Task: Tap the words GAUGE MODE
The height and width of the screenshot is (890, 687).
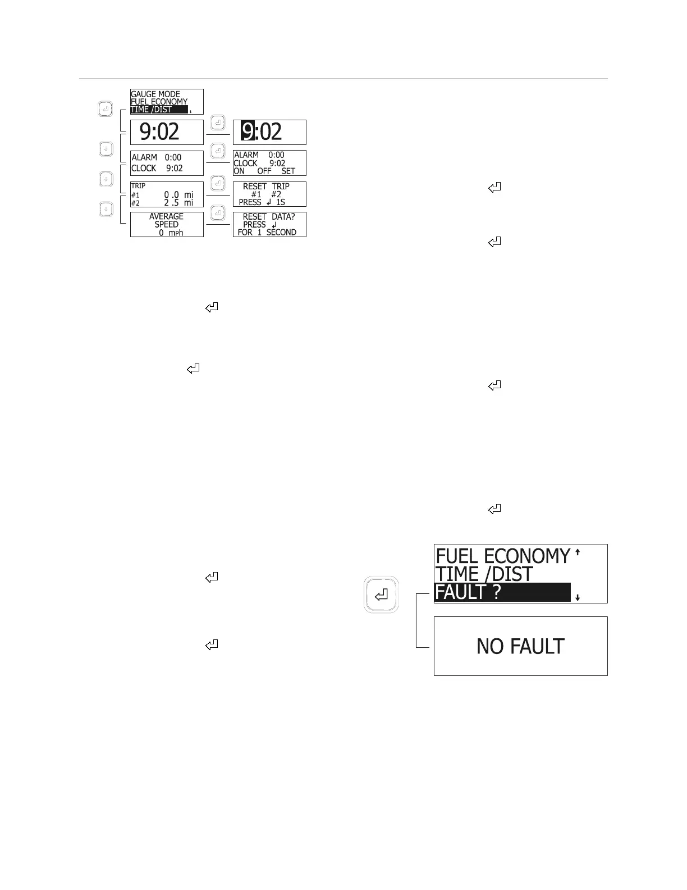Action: (x=155, y=94)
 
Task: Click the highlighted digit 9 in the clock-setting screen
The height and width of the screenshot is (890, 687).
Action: (x=248, y=131)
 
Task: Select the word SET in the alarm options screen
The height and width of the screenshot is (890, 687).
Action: (x=288, y=171)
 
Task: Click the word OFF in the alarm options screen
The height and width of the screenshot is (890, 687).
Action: (x=264, y=171)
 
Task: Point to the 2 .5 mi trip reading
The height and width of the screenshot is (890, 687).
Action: (x=178, y=203)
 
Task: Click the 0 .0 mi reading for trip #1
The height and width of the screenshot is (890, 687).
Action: (x=178, y=194)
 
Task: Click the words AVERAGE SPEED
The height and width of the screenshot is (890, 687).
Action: (x=166, y=220)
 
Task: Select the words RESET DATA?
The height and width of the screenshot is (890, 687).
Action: (x=269, y=216)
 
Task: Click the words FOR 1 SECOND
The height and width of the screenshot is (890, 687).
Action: (x=267, y=232)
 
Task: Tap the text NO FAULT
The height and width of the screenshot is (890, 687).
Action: (x=520, y=646)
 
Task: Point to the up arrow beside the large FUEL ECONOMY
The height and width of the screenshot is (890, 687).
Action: (x=578, y=552)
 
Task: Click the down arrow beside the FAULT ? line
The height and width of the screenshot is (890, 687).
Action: (x=578, y=598)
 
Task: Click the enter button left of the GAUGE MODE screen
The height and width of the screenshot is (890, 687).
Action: (x=106, y=109)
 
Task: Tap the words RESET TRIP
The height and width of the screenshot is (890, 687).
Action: (x=266, y=186)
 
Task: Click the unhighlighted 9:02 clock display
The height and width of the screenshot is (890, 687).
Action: (x=159, y=132)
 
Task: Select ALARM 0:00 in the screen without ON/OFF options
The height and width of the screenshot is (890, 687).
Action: (x=157, y=157)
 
